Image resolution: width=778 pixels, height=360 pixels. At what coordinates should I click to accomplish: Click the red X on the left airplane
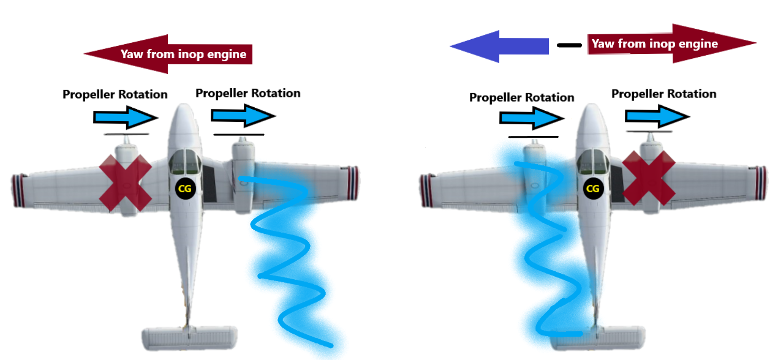pos(126,183)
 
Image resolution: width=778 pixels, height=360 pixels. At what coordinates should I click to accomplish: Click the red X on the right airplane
pos(649,178)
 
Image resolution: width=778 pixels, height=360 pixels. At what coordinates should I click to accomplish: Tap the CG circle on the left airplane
pos(184,189)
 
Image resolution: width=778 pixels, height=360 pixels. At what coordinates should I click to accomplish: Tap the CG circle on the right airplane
pos(592,189)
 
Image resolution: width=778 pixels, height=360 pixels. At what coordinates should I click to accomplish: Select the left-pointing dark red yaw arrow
pos(168,54)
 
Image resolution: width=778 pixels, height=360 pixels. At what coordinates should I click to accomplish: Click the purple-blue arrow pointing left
pos(499,46)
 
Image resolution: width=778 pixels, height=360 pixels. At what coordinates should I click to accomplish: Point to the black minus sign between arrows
pos(570,45)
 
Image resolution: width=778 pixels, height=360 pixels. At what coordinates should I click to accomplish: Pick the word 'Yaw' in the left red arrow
pos(132,54)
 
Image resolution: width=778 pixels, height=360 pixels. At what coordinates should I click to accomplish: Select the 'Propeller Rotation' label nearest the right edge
pos(663,94)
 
